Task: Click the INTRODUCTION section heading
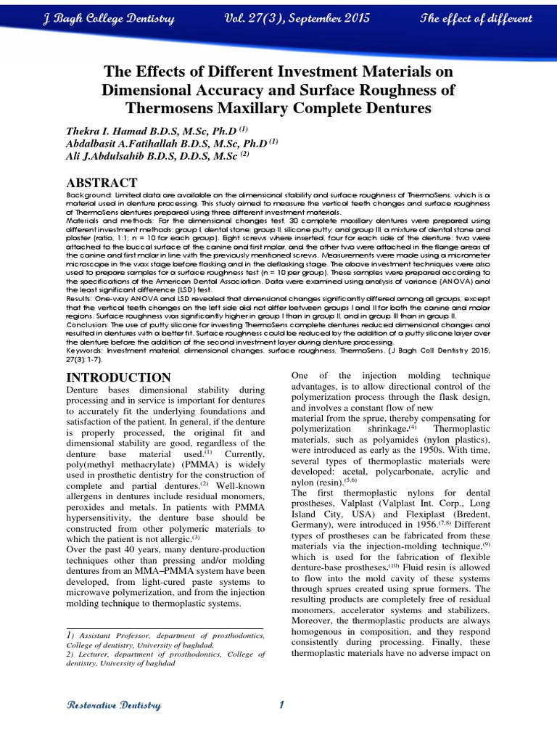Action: tap(119, 377)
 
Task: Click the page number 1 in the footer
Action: tap(281, 705)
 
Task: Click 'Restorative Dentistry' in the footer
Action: tap(114, 706)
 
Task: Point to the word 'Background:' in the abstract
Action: tap(89, 196)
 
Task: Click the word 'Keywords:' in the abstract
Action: tap(87, 350)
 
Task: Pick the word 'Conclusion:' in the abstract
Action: tap(89, 326)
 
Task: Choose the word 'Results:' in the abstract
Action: tap(81, 296)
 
